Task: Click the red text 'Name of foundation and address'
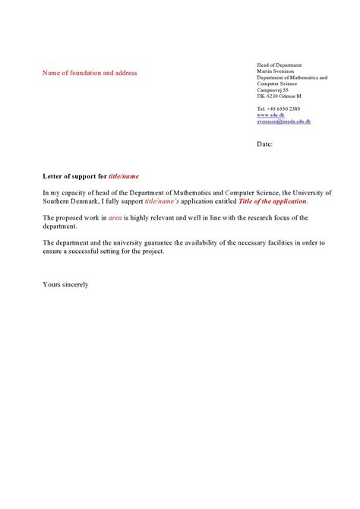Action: [x=90, y=73]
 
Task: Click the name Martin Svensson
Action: [x=275, y=71]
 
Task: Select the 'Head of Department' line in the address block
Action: [x=279, y=65]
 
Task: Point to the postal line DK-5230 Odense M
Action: [x=279, y=96]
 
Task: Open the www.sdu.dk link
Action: [x=270, y=115]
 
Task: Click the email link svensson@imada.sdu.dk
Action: [x=283, y=122]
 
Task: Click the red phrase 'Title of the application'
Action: [x=271, y=201]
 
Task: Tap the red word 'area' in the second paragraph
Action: [x=115, y=218]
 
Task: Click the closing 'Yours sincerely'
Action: [x=66, y=285]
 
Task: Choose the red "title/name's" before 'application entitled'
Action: [x=166, y=201]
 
